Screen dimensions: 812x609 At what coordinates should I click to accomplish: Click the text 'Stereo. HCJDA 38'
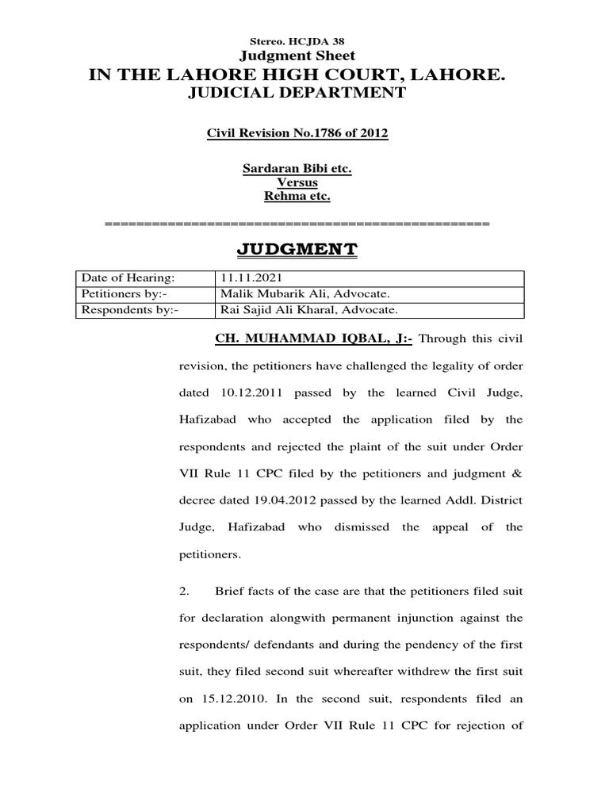297,40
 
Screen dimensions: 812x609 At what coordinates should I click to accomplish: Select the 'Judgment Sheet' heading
297,55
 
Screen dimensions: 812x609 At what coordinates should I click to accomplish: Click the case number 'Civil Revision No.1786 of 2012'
297,132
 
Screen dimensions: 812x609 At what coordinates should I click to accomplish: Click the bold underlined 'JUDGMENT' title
297,251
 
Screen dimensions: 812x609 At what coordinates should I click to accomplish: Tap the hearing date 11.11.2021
247,278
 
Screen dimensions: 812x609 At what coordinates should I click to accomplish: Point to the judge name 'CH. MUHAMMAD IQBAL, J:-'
314,339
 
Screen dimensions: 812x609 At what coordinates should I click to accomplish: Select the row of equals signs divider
297,224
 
